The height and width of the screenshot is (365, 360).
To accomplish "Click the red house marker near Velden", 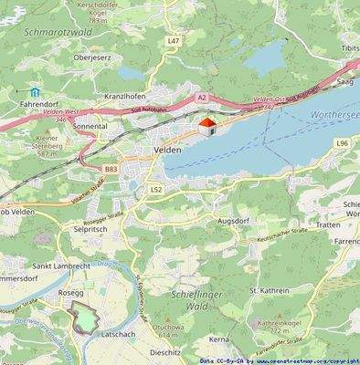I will [206, 125].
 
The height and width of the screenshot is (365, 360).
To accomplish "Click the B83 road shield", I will [110, 169].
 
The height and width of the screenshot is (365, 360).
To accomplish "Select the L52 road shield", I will [156, 189].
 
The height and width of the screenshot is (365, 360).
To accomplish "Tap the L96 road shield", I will [343, 143].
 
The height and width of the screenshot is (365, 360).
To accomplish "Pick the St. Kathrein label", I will [269, 291].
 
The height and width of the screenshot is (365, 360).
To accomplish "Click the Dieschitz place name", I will [165, 351].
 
